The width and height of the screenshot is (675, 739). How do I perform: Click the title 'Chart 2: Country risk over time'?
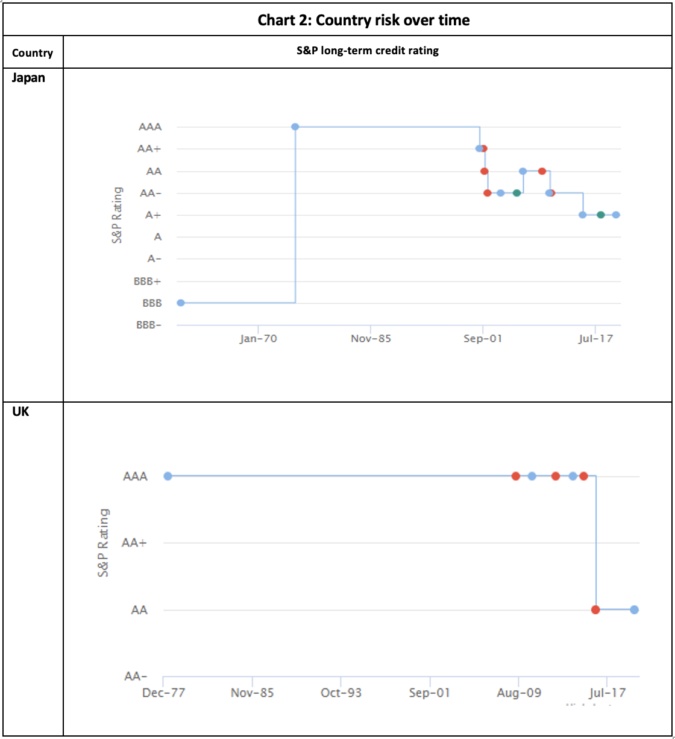pos(363,20)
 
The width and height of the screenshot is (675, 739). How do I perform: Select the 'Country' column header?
pos(33,53)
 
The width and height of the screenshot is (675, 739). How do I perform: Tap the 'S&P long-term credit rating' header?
pos(367,51)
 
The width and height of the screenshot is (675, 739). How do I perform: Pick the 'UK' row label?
pos(21,412)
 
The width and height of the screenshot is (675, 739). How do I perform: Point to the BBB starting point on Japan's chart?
pos(180,303)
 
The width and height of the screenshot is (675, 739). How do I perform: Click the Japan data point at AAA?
pos(295,127)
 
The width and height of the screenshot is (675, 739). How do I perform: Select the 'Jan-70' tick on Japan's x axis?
pos(258,338)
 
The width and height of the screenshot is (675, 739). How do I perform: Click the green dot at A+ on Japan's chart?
pos(601,215)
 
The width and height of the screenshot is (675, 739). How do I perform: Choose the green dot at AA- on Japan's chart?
pos(516,193)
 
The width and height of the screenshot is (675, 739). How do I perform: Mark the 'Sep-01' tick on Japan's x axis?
pos(483,338)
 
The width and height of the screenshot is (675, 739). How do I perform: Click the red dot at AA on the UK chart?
pos(595,609)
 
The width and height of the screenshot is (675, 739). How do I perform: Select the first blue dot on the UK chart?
pos(168,476)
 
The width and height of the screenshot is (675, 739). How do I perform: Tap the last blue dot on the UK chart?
pos(634,609)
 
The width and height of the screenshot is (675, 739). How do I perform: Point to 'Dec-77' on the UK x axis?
pos(163,693)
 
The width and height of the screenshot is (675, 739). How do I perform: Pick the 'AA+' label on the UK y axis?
pos(134,542)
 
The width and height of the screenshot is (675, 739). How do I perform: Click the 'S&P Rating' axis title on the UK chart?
pos(104,542)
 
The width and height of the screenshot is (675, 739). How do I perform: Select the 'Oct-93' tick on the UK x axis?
pos(341,693)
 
